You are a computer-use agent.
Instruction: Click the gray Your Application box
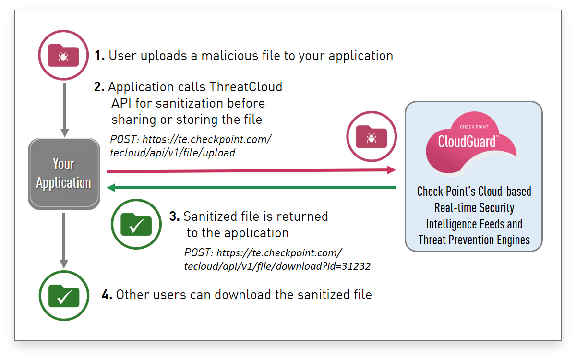click(64, 174)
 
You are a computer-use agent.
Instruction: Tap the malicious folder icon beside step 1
click(63, 55)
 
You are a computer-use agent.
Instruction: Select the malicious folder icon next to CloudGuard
click(372, 136)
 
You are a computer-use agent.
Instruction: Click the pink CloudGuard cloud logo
click(471, 143)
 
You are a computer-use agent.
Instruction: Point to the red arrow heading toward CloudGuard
click(251, 170)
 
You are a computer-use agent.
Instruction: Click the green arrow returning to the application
click(251, 188)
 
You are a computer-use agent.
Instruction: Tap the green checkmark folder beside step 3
click(136, 224)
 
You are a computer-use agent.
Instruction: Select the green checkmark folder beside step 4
click(64, 296)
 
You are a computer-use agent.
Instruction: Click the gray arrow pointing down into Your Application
click(64, 110)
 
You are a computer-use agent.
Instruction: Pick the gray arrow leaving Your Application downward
click(64, 240)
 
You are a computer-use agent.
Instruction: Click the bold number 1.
click(99, 56)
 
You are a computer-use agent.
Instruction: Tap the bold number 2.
click(99, 87)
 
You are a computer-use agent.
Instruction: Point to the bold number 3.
click(174, 216)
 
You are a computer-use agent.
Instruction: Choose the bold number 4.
click(107, 294)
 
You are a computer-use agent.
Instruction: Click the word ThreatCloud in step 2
click(246, 87)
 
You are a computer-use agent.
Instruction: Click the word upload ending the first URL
click(218, 153)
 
